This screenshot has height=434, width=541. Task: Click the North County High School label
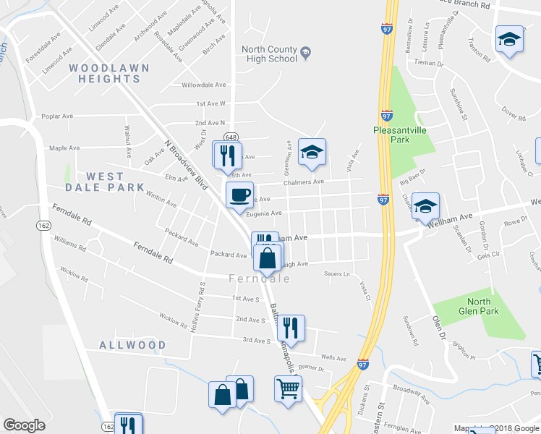point(269,54)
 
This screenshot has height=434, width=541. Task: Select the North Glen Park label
point(478,306)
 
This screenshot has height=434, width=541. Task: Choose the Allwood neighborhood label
point(132,345)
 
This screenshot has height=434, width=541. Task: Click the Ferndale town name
point(254,278)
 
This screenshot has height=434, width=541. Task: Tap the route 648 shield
point(231,137)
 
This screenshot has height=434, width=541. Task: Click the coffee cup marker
point(239,195)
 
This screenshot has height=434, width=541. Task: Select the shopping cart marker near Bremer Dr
point(288,389)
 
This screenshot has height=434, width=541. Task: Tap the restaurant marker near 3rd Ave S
point(291,328)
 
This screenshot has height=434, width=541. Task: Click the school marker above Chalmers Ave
point(312,152)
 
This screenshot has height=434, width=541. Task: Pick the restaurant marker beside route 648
point(226,154)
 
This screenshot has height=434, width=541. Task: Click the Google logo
point(24,425)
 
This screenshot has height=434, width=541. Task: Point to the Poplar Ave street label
point(57,116)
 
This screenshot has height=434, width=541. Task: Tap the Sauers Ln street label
point(337,275)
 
